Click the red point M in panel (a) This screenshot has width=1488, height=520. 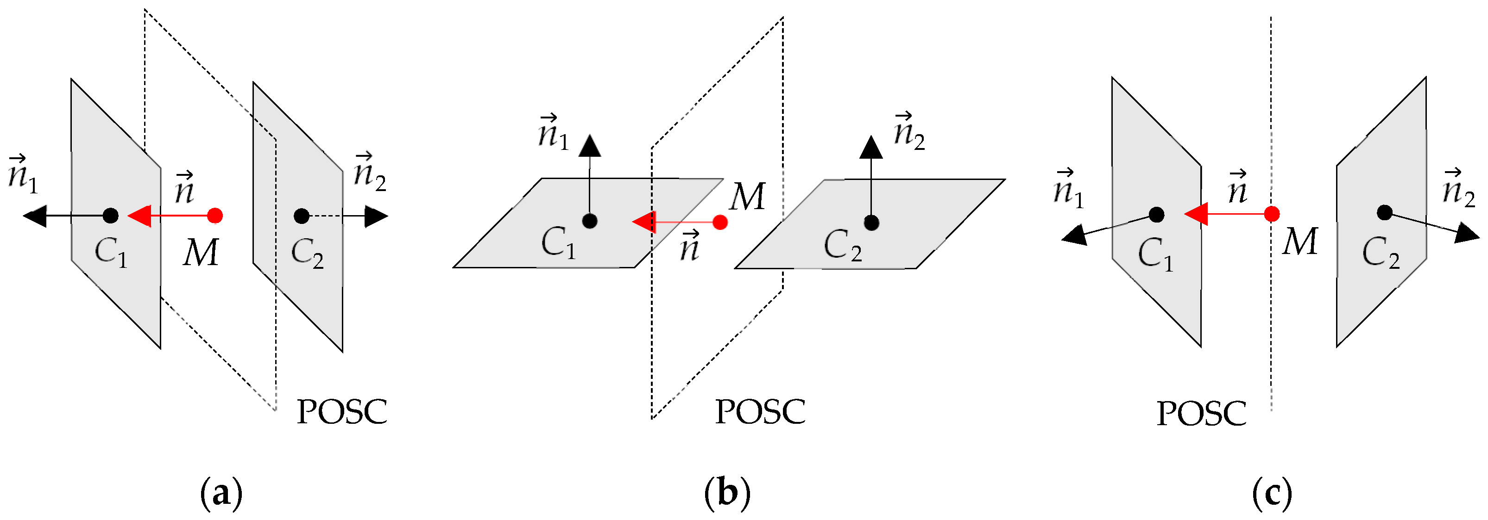coord(215,216)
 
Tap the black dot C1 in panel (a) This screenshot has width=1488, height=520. coord(110,216)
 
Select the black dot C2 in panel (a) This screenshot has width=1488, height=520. coord(301,217)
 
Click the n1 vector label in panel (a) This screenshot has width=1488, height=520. coord(23,174)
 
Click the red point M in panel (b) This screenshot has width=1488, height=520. coord(720,222)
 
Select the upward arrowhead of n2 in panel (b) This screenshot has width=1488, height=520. coord(870,148)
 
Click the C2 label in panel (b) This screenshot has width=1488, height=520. coord(842,246)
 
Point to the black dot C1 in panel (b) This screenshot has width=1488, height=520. coord(589,221)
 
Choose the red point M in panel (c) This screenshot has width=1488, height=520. coord(1271,214)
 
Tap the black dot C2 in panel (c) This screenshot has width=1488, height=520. coord(1384,212)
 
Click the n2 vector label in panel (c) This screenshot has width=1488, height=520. coord(1458,188)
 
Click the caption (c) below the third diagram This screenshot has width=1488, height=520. coord(1272,494)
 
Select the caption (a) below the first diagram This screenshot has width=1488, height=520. coord(221,494)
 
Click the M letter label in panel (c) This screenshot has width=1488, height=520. coord(1300,241)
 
